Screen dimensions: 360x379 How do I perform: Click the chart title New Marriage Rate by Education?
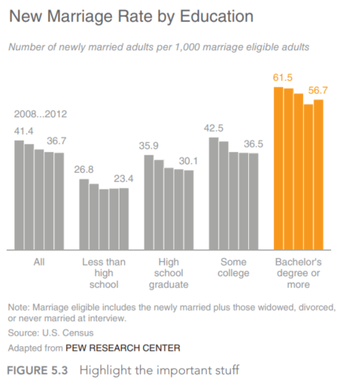click(131, 17)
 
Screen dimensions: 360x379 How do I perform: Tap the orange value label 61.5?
click(282, 78)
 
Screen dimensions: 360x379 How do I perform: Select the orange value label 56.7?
click(318, 91)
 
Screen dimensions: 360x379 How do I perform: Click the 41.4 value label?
click(24, 131)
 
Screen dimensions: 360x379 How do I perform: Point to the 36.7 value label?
click(56, 141)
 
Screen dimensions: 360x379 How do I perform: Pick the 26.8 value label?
click(84, 170)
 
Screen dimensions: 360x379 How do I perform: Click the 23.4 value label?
click(123, 179)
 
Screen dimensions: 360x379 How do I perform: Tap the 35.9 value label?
click(148, 145)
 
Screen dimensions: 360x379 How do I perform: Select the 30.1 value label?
click(188, 161)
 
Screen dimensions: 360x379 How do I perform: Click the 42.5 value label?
click(214, 128)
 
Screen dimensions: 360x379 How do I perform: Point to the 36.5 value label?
click(253, 144)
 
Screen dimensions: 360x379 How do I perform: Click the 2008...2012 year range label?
click(40, 114)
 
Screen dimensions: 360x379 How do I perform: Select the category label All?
click(39, 262)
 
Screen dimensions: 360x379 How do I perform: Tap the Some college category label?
click(234, 267)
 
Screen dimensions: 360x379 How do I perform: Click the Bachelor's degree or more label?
click(298, 273)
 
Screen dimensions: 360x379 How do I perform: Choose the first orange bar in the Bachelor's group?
click(279, 168)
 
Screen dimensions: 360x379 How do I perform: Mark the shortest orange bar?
click(308, 177)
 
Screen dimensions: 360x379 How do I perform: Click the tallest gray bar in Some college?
click(214, 194)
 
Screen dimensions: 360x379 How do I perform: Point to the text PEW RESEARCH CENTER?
click(123, 348)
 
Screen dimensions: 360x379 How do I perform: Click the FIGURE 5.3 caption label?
click(37, 371)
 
